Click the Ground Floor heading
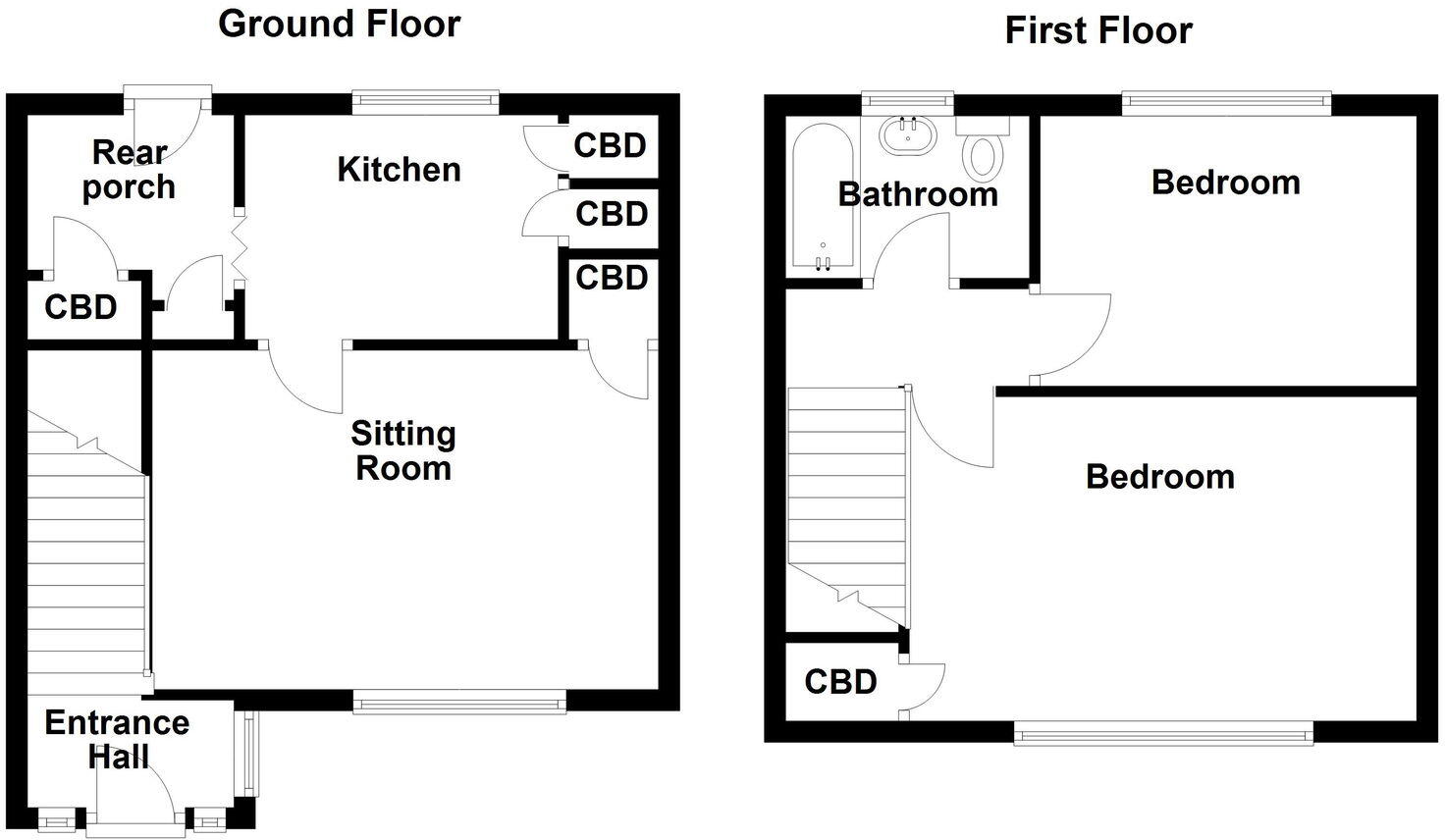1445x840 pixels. coord(339,24)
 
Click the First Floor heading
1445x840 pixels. coord(1097,30)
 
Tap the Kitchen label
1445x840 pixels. coord(399,170)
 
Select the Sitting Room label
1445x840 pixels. coord(402,450)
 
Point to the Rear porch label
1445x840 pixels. coord(129,170)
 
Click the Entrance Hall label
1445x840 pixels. coord(117,739)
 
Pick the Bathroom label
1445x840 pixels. coord(917,194)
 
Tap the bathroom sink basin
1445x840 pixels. coord(909,134)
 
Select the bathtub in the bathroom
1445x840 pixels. coord(823,196)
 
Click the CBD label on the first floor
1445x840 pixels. coord(840,681)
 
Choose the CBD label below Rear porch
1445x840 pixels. coord(80,307)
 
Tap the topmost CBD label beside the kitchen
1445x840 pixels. coord(610,146)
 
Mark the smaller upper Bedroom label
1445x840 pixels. coord(1225,183)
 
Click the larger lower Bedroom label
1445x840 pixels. coord(1159,477)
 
